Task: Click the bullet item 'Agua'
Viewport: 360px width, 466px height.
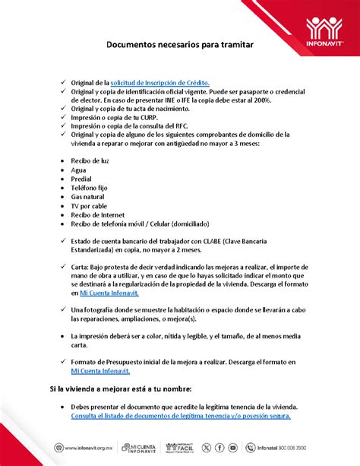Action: [x=78, y=170]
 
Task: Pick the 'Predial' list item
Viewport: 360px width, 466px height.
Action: [x=82, y=179]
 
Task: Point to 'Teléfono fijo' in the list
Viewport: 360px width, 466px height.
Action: [x=90, y=188]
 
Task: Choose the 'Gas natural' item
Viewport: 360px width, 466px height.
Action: [x=87, y=197]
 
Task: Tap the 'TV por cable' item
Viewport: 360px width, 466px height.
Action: [x=89, y=206]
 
